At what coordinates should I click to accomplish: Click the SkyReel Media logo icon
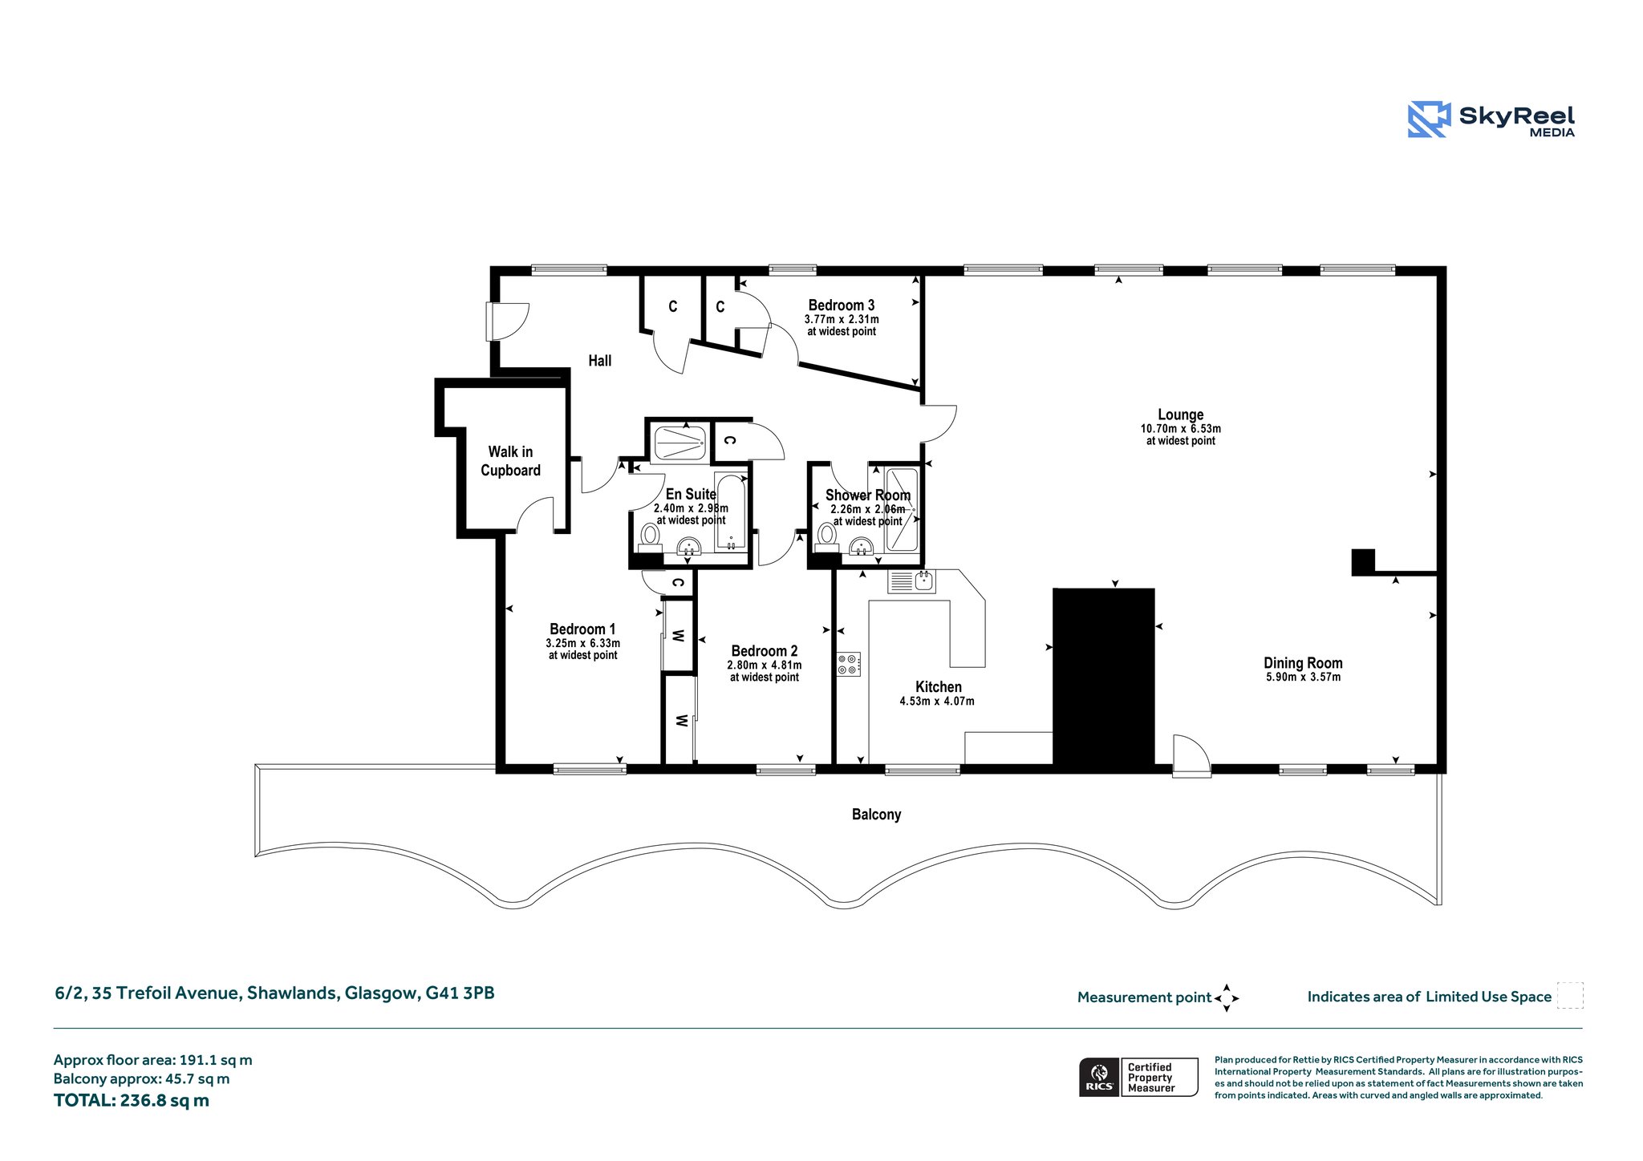pyautogui.click(x=1429, y=119)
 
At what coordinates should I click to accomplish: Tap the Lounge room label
pyautogui.click(x=1180, y=415)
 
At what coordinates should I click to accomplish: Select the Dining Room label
pyautogui.click(x=1303, y=663)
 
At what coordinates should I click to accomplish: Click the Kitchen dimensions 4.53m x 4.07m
pyautogui.click(x=937, y=701)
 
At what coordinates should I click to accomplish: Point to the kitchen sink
pyautogui.click(x=912, y=581)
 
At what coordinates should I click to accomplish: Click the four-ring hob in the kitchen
pyautogui.click(x=848, y=664)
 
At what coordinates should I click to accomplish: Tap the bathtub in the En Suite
pyautogui.click(x=730, y=512)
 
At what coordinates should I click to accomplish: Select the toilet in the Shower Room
pyautogui.click(x=826, y=536)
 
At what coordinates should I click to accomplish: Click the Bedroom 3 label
pyautogui.click(x=842, y=305)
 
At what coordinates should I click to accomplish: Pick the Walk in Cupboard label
pyautogui.click(x=510, y=461)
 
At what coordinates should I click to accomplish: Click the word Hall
pyautogui.click(x=600, y=361)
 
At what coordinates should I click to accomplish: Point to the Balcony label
pyautogui.click(x=876, y=815)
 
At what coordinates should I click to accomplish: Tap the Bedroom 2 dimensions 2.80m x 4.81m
pyautogui.click(x=765, y=665)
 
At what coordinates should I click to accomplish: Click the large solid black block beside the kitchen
pyautogui.click(x=1104, y=678)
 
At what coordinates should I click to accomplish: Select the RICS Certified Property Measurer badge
pyautogui.click(x=1138, y=1077)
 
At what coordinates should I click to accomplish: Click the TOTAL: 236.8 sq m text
pyautogui.click(x=132, y=1100)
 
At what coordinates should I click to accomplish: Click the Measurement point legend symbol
pyautogui.click(x=1227, y=998)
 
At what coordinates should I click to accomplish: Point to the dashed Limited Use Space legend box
pyautogui.click(x=1570, y=995)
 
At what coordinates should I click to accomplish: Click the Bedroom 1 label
pyautogui.click(x=582, y=629)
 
